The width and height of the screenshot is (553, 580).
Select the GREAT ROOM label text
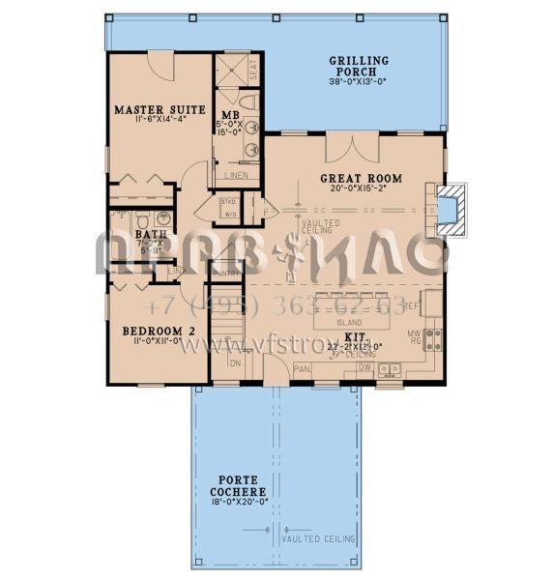click(x=361, y=179)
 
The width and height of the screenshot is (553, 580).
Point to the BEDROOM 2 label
click(x=158, y=331)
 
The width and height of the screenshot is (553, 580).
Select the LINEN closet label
click(x=237, y=176)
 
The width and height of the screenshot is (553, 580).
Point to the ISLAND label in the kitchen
click(x=350, y=321)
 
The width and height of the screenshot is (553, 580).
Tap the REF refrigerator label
click(x=435, y=305)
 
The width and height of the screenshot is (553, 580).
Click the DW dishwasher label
click(x=365, y=367)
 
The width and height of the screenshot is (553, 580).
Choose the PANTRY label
click(x=225, y=275)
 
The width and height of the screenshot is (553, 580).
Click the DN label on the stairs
click(x=235, y=363)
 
